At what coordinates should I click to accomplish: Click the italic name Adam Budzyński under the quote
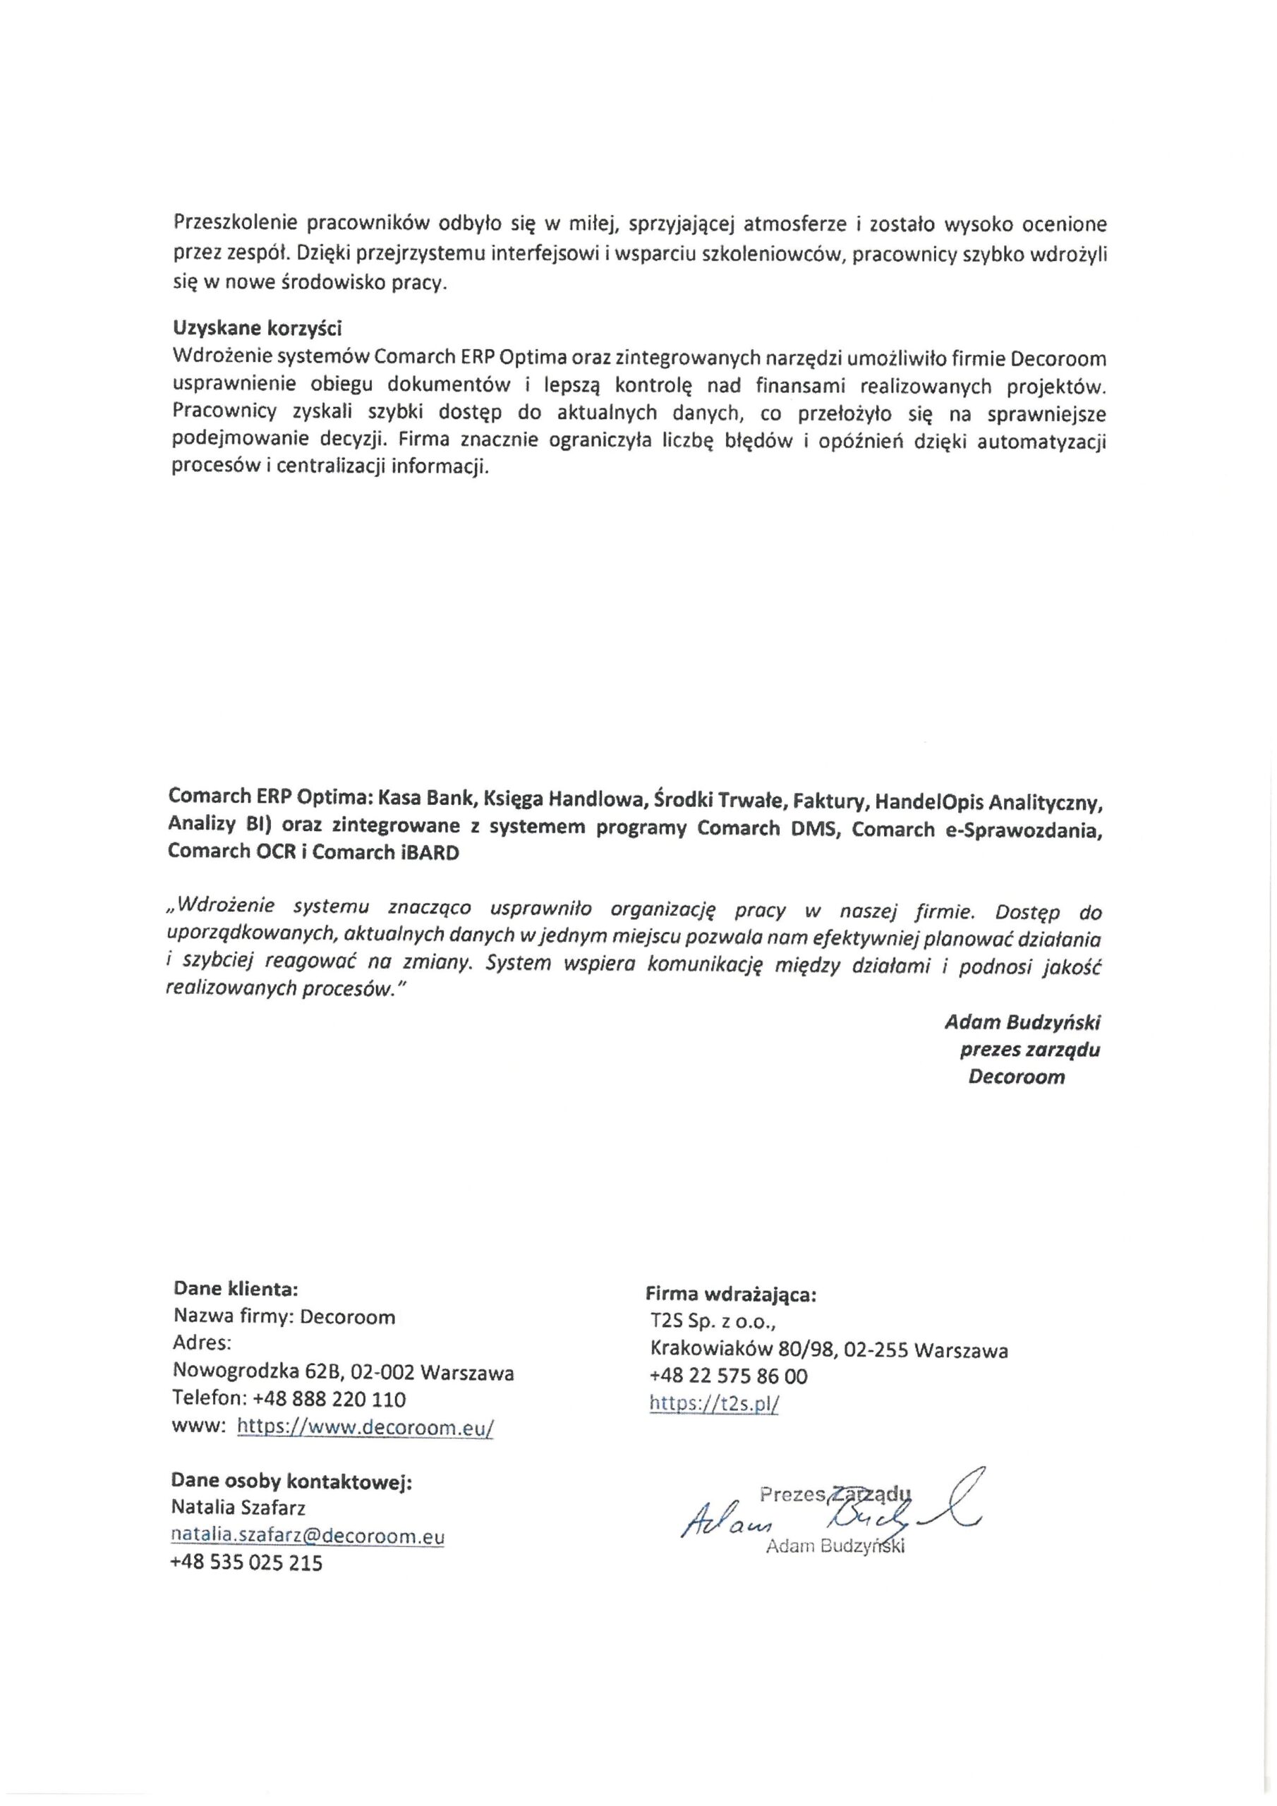[1022, 1022]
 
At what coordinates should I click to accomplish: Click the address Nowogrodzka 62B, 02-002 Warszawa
[343, 1373]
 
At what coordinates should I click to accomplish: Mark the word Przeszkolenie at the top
[235, 224]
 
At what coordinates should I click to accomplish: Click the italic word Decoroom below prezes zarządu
[1016, 1077]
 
